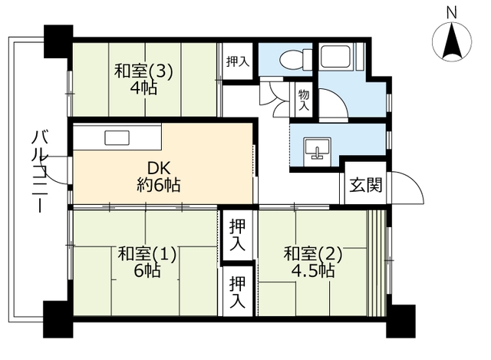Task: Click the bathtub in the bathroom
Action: tap(335, 58)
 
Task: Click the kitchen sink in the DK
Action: tap(117, 138)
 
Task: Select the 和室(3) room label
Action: tap(143, 71)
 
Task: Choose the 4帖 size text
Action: tap(143, 89)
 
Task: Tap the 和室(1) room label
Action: tap(147, 254)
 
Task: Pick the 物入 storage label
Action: tap(303, 101)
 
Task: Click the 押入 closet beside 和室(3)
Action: tap(237, 60)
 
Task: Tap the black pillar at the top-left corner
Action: tap(58, 39)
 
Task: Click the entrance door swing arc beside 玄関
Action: tap(410, 190)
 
